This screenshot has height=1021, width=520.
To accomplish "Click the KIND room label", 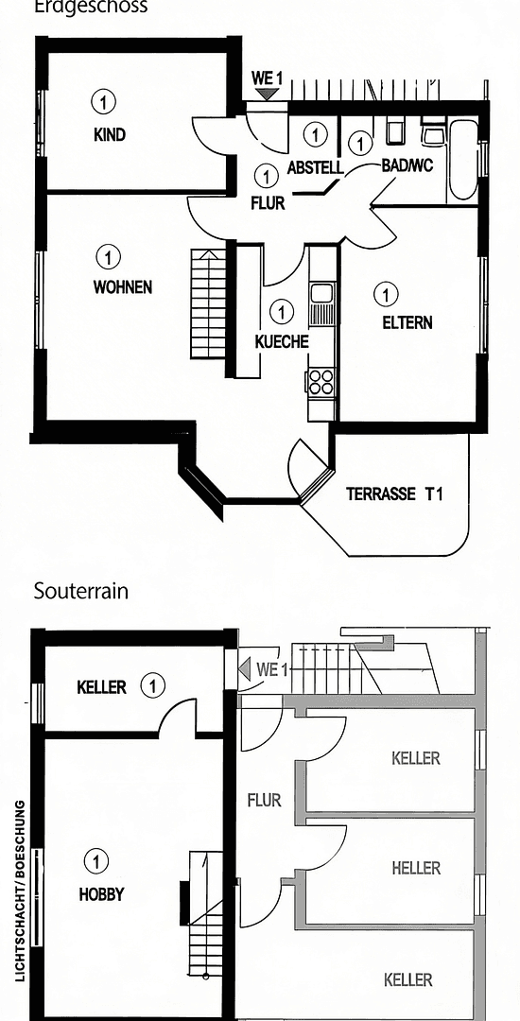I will (110, 134).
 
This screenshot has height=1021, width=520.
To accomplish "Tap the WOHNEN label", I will (122, 286).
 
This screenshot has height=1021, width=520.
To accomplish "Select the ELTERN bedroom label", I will (407, 322).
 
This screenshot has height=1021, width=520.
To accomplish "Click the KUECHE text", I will (282, 341).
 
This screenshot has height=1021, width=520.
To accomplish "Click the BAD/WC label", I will (407, 164).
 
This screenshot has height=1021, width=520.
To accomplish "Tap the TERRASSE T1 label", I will (394, 493).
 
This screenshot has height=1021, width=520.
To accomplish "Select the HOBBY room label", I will (101, 893).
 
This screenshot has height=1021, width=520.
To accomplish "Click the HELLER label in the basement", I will (416, 868).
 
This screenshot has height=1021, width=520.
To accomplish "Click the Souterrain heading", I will (81, 592).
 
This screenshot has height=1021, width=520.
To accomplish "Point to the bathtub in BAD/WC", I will (462, 159).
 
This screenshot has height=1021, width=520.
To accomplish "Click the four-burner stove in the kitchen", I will (321, 381).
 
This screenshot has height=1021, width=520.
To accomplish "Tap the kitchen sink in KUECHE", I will (321, 294).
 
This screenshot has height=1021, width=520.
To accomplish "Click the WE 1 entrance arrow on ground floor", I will (268, 93).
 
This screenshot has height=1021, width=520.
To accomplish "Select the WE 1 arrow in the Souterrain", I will (245, 670).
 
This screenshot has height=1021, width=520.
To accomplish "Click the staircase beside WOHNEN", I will (208, 303).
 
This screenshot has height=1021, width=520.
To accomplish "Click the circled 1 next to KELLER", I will (152, 685).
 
